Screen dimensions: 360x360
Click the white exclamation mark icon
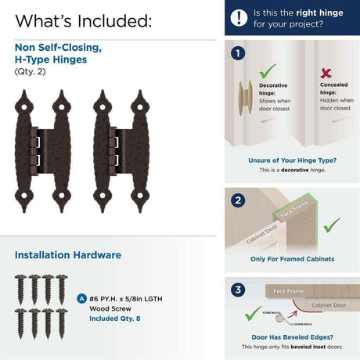[x=239, y=18]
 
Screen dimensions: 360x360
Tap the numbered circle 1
[x=238, y=53]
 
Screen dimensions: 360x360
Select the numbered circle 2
[x=238, y=200]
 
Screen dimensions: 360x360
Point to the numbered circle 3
[x=238, y=290]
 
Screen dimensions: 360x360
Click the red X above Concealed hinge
[x=326, y=73]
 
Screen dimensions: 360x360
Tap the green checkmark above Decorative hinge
[x=268, y=70]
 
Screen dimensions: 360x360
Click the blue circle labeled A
[x=82, y=299]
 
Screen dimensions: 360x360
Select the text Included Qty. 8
[x=115, y=319]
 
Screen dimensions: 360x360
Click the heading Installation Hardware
[x=68, y=255]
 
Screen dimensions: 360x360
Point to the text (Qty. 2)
[x=30, y=71]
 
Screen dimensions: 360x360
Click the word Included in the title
[x=114, y=21]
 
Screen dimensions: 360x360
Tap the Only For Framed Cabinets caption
[x=292, y=259]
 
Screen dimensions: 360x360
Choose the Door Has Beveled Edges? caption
[x=292, y=337]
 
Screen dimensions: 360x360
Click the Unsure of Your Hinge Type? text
[x=292, y=160]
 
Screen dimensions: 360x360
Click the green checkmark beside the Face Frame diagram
[x=332, y=225]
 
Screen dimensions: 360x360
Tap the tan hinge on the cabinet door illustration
[x=245, y=98]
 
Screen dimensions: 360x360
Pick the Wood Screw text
[x=110, y=308]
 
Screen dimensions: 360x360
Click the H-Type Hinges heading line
[x=51, y=59]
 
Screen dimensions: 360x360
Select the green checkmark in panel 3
[x=253, y=313]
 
